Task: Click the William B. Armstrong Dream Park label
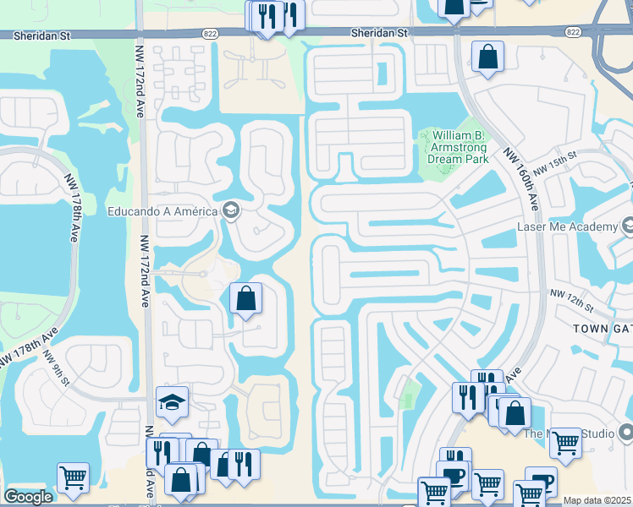(460, 146)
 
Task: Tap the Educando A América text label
(162, 211)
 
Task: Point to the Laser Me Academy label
(567, 227)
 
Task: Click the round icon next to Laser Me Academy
(628, 226)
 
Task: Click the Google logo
(28, 497)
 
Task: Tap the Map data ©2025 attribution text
(597, 500)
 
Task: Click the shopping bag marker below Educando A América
(245, 298)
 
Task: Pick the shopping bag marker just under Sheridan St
(487, 57)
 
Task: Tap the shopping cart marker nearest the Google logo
(73, 477)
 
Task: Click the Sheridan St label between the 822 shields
(380, 32)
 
